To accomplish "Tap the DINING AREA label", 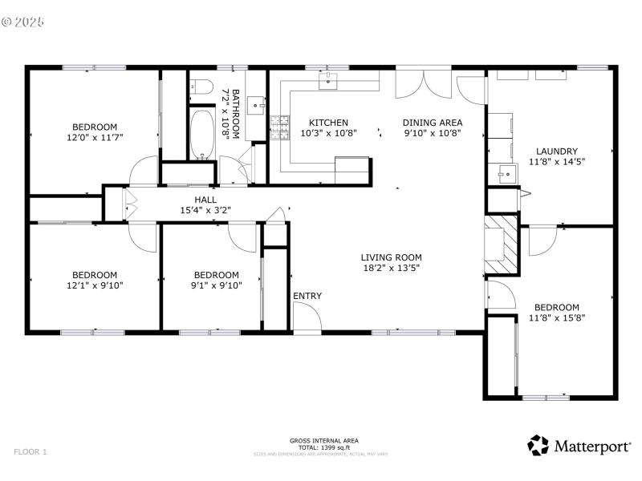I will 432,123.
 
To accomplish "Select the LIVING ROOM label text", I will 391,257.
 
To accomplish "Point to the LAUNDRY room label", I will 557,151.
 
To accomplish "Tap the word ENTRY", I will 307,296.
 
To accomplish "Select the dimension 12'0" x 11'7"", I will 95,137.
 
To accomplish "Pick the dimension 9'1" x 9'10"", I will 216,285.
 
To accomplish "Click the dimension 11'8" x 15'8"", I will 557,317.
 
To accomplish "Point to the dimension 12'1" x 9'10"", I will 95,285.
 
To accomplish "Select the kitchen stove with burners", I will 279,127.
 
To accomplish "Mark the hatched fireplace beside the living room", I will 501,240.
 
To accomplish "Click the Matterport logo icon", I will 537,445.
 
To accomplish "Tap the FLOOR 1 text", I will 30,452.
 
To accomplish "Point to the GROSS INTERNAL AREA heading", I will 324,440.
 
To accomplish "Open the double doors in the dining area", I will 425,83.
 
